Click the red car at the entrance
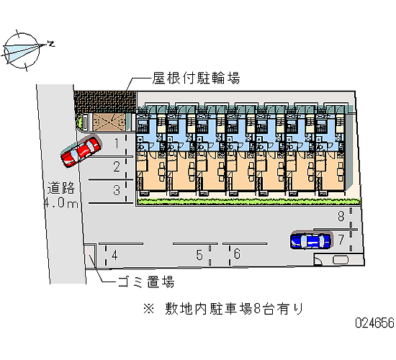[81, 152]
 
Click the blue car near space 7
[310, 240]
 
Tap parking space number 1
[117, 143]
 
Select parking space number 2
[117, 167]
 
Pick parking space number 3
[117, 190]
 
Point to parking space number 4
[114, 255]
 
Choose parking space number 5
[199, 255]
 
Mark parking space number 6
[237, 254]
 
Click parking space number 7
[341, 240]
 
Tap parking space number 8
[341, 216]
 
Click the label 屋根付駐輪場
[196, 78]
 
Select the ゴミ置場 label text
[146, 282]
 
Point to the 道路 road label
[61, 188]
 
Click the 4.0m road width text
[60, 203]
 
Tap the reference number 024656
[375, 323]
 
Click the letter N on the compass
[51, 43]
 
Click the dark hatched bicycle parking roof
[105, 102]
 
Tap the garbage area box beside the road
[90, 256]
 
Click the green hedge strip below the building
[249, 202]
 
